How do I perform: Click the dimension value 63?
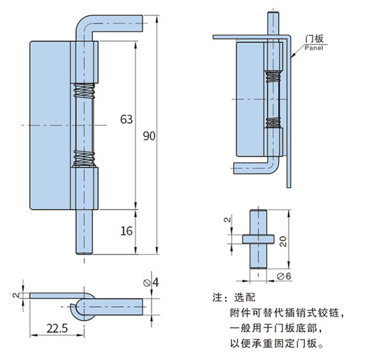[x=126, y=119]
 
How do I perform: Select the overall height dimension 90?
[x=149, y=136]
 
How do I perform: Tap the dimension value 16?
[x=126, y=231]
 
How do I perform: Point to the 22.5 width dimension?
[x=57, y=329]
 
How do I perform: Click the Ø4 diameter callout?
[x=151, y=283]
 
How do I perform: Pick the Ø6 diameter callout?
[x=284, y=276]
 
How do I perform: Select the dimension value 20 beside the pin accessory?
[x=283, y=241]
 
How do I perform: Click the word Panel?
[x=314, y=48]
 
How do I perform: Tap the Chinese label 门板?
[x=314, y=38]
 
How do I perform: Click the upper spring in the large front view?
[x=84, y=91]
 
